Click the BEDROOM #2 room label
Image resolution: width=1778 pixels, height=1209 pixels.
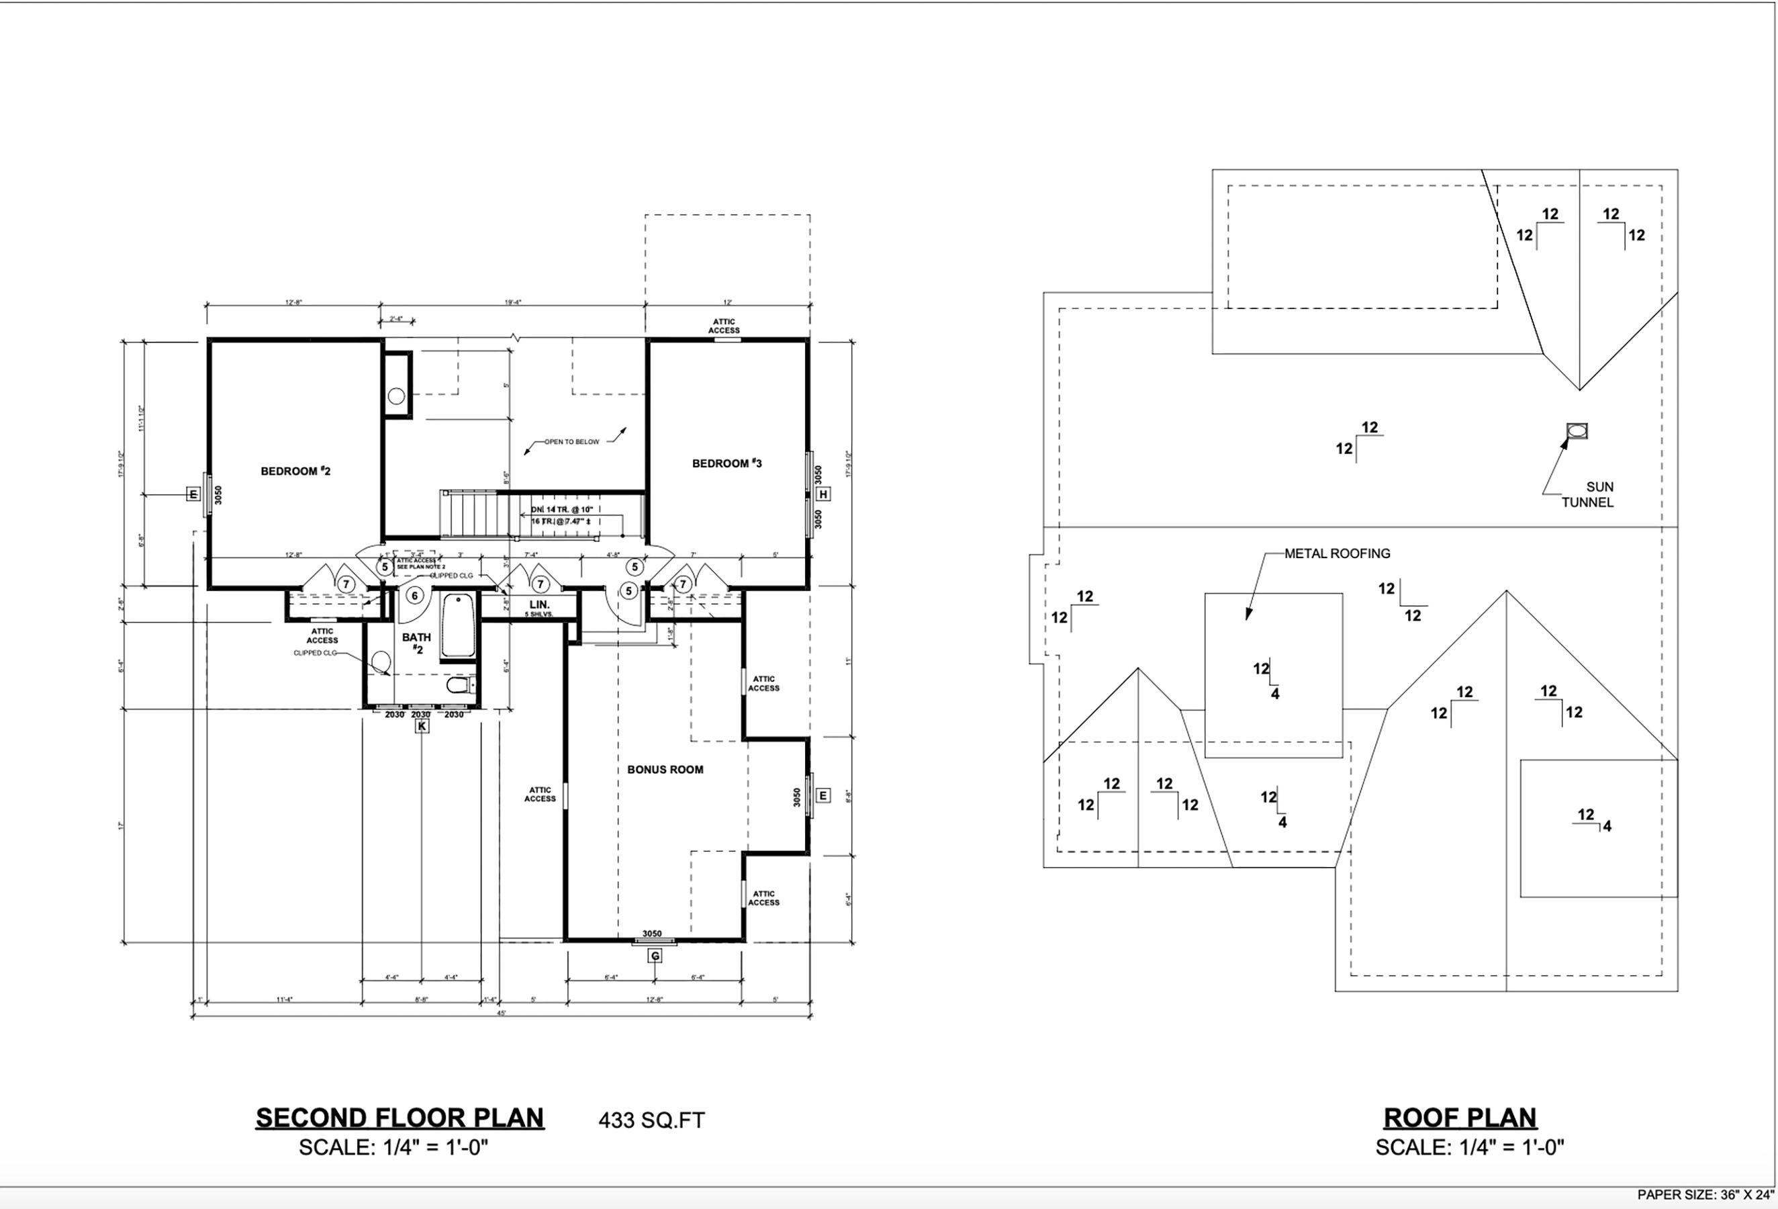(x=295, y=472)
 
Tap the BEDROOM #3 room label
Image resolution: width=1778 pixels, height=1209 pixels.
(x=726, y=463)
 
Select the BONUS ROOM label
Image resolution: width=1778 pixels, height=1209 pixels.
(x=665, y=770)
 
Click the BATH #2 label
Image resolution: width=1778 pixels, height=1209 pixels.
(x=416, y=643)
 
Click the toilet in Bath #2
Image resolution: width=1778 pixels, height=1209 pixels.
(x=459, y=683)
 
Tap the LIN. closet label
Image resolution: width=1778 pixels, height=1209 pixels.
(x=539, y=605)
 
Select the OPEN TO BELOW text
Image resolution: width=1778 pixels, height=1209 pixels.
(x=571, y=441)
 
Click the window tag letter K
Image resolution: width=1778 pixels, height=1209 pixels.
(x=422, y=726)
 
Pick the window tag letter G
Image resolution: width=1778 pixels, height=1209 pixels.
(x=655, y=956)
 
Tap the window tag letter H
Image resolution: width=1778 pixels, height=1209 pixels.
(x=823, y=494)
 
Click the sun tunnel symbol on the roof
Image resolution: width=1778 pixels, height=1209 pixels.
(x=1577, y=432)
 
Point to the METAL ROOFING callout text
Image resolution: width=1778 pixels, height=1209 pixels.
(x=1337, y=553)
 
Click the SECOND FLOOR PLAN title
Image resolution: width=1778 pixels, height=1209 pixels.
(x=400, y=1118)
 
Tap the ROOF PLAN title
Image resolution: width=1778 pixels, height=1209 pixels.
(x=1460, y=1118)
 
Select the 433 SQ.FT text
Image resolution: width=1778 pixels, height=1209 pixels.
(x=651, y=1120)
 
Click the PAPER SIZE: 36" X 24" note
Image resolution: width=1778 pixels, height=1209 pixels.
(x=1705, y=1194)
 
